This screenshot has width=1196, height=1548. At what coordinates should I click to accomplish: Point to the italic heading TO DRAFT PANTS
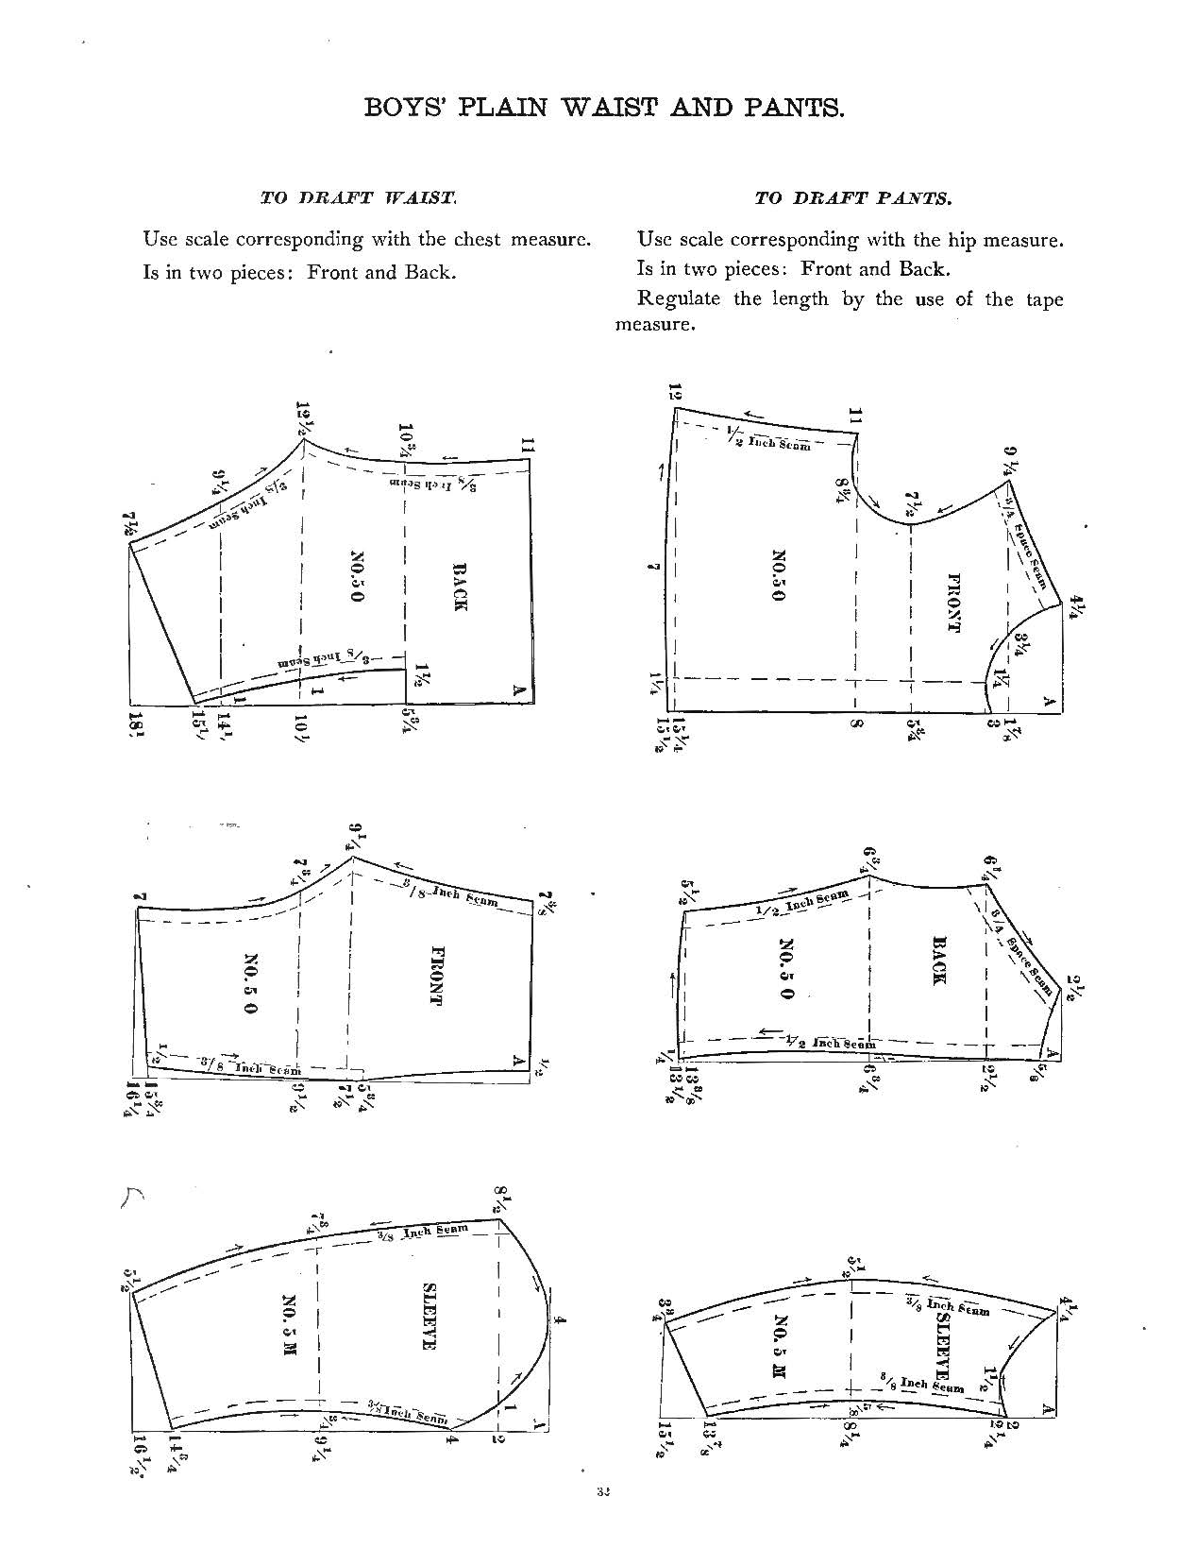[x=852, y=198]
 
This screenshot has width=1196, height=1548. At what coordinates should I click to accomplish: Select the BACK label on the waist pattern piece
[x=460, y=587]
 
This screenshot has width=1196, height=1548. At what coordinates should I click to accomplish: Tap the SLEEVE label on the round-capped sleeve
[x=428, y=1316]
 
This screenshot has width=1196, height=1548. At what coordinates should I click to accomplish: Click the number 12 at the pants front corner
[x=675, y=393]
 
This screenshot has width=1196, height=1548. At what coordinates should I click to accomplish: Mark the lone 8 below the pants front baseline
[x=855, y=725]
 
